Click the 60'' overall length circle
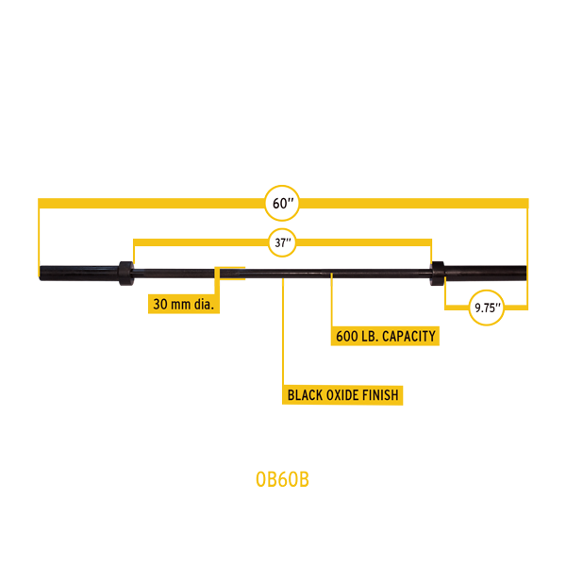[x=282, y=203]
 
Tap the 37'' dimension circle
[x=282, y=241]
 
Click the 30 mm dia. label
[x=184, y=305]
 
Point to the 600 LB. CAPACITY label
[x=388, y=336]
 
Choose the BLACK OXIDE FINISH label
[x=343, y=395]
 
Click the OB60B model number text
[x=282, y=479]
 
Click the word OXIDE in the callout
[x=343, y=395]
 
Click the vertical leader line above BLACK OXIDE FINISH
[x=282, y=330]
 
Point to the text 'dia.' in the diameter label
[x=205, y=305]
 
